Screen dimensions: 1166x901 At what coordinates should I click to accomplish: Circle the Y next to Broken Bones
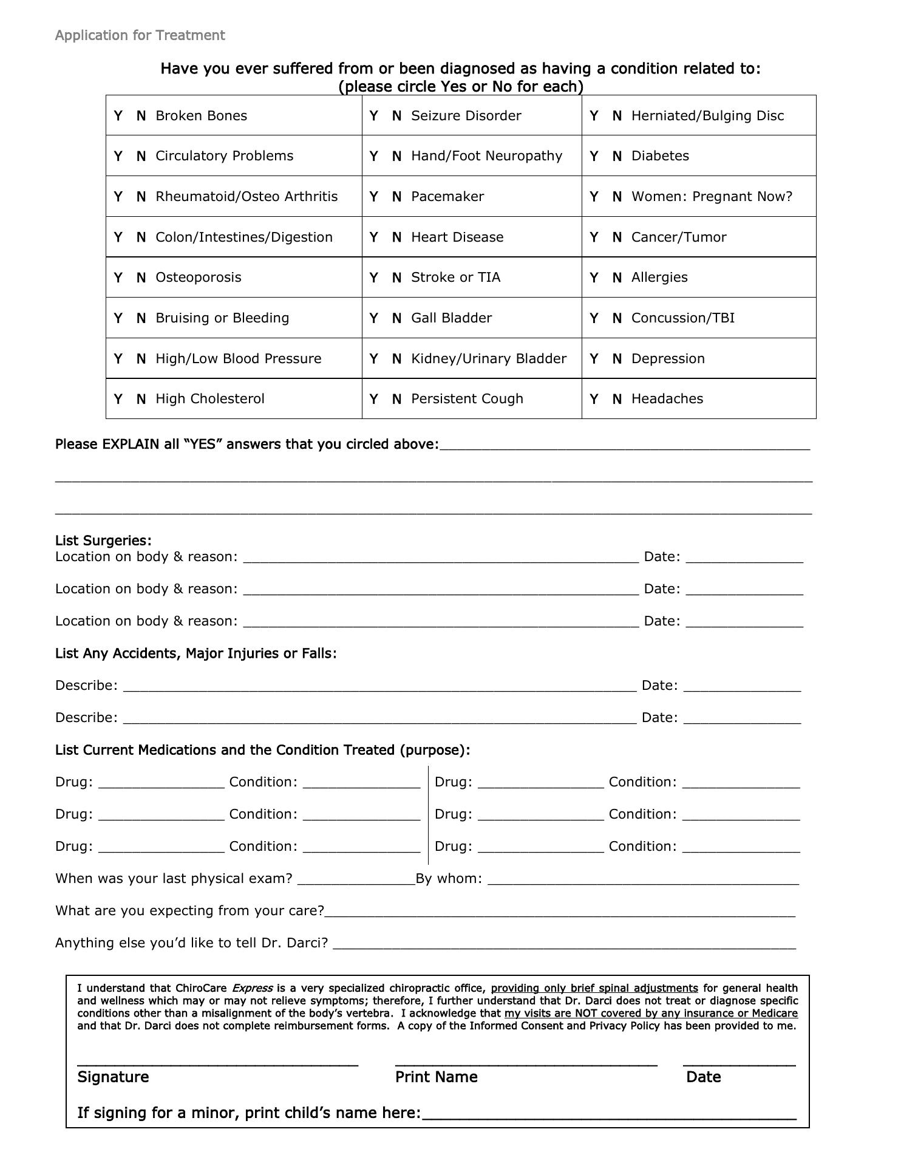(x=118, y=115)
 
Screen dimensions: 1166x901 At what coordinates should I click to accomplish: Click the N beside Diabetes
(x=617, y=156)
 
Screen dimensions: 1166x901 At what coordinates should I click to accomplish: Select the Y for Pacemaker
(x=374, y=197)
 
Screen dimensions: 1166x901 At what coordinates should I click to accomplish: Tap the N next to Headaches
(x=617, y=399)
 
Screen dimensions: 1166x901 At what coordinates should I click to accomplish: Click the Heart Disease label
(x=457, y=237)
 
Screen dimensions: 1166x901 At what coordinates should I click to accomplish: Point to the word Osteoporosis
(x=198, y=278)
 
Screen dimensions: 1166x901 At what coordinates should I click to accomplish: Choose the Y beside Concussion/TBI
(x=594, y=318)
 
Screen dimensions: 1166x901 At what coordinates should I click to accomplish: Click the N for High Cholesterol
(x=141, y=399)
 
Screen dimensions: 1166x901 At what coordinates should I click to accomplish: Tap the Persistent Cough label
(x=467, y=399)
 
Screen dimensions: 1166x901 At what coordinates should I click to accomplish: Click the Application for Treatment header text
(x=140, y=35)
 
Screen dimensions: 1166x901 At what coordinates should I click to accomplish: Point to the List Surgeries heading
(x=103, y=540)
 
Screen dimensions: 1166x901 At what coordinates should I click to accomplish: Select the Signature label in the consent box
(x=113, y=1077)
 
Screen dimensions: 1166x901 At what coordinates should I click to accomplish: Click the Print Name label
(x=436, y=1077)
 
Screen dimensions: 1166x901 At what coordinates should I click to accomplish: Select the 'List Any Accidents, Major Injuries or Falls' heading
(x=195, y=653)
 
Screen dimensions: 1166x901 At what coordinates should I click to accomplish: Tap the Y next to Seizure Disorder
(x=374, y=115)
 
